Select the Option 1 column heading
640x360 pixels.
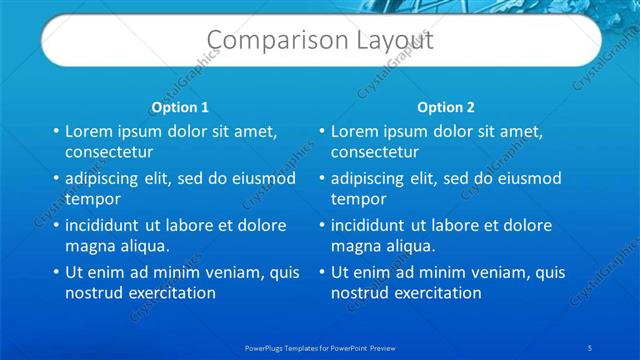(180, 107)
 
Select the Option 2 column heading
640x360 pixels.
(446, 107)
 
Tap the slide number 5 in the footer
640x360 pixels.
(591, 346)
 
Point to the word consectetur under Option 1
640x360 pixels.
(109, 153)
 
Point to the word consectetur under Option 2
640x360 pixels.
(375, 153)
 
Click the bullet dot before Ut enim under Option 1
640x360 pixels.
(56, 273)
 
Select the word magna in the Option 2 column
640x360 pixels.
(353, 246)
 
